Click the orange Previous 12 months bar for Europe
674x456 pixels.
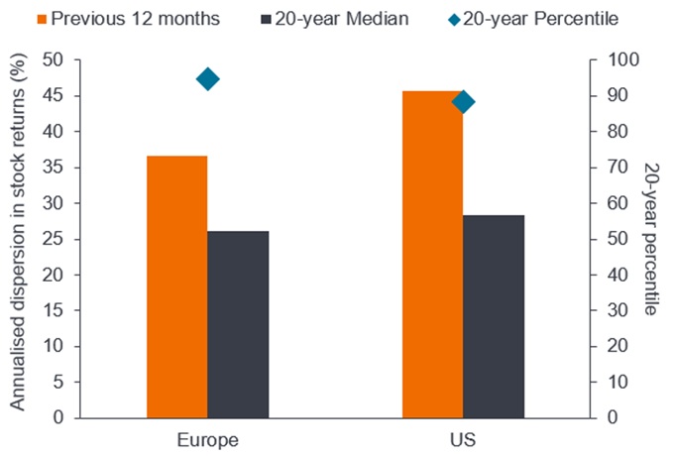tap(177, 286)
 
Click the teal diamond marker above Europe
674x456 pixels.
tap(208, 79)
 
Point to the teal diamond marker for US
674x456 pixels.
tap(463, 101)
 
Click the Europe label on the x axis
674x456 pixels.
tap(208, 439)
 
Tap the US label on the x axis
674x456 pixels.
tap(463, 439)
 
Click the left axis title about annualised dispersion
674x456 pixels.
tap(18, 239)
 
